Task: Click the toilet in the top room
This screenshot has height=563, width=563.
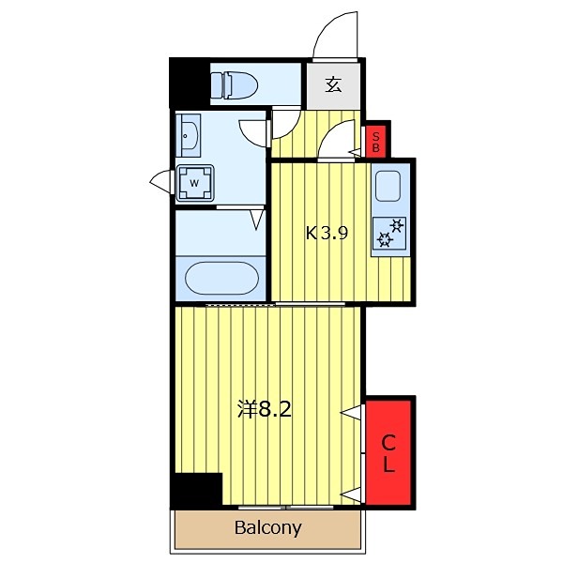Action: [x=234, y=85]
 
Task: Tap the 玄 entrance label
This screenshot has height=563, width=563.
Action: [x=333, y=84]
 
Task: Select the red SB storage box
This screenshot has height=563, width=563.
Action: [x=375, y=142]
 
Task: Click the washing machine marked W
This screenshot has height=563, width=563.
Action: [x=194, y=183]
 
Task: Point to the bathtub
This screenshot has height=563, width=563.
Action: [x=221, y=279]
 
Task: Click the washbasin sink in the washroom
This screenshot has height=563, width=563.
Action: [x=189, y=136]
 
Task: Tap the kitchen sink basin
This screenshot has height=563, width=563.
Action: [x=388, y=186]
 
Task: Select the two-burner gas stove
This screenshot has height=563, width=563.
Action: [x=389, y=234]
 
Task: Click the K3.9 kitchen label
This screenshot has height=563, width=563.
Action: [x=327, y=234]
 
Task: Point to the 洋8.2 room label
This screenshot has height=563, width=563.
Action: [x=265, y=409]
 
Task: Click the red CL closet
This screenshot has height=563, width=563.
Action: [x=388, y=452]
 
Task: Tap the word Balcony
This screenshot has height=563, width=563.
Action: [x=267, y=527]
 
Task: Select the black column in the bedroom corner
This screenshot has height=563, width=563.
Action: [x=196, y=491]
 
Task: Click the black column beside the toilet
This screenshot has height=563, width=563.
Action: [x=190, y=84]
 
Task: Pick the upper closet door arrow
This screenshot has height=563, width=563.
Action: [x=350, y=413]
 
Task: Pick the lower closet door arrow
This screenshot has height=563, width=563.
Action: [x=350, y=495]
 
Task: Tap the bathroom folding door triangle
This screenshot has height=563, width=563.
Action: [x=257, y=220]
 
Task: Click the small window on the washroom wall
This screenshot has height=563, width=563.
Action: [x=161, y=181]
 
